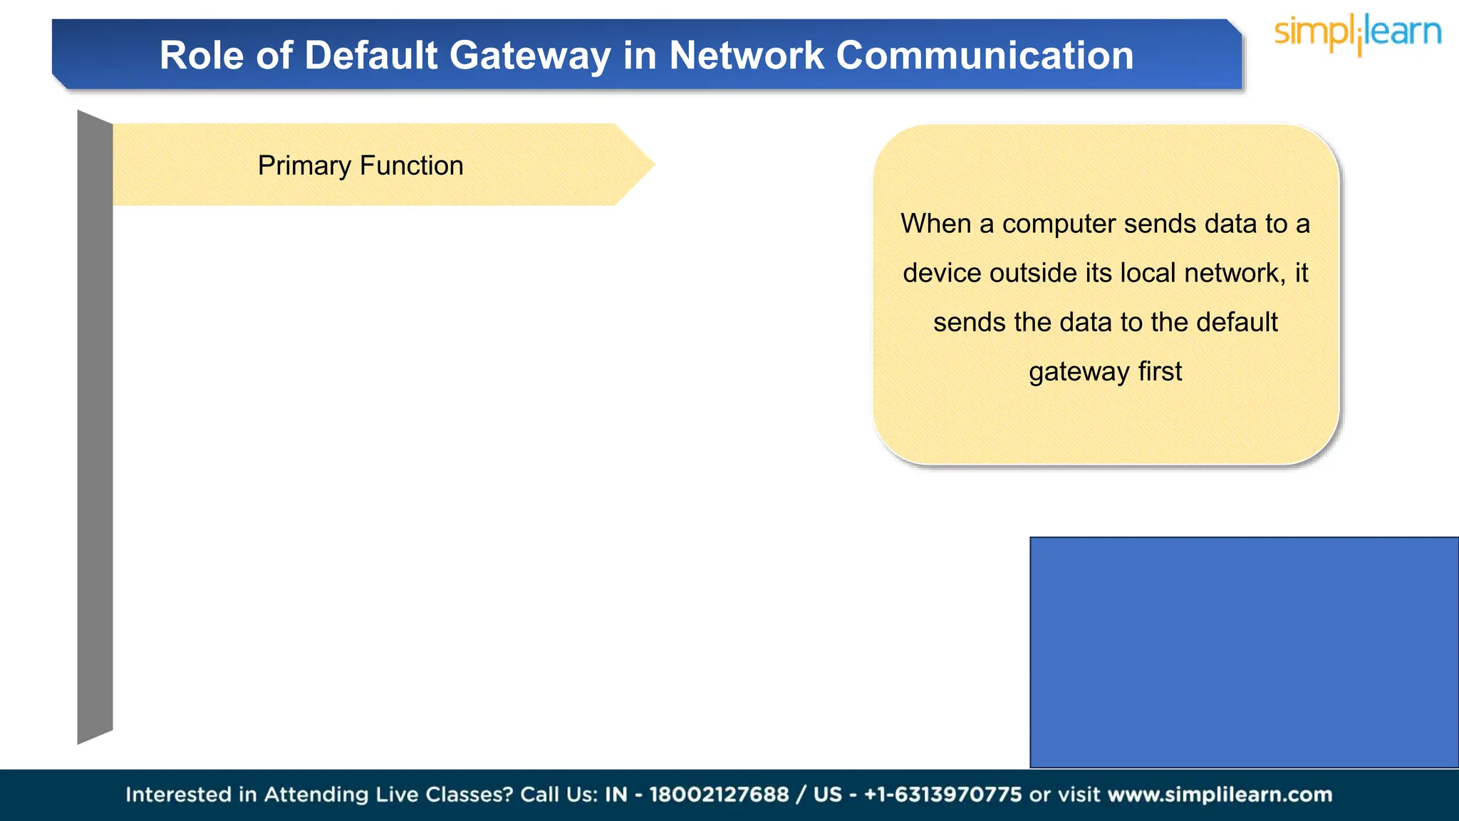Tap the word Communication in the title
[x=985, y=56]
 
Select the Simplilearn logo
[x=1358, y=34]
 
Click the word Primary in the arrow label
[x=304, y=166]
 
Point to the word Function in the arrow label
[x=412, y=166]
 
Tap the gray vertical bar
[x=95, y=428]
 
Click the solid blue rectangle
[x=1244, y=652]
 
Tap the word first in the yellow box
[x=1160, y=371]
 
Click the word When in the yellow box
[x=935, y=224]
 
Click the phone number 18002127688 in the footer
[x=719, y=795]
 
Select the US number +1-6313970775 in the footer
[x=943, y=795]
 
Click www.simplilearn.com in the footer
[x=1220, y=795]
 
